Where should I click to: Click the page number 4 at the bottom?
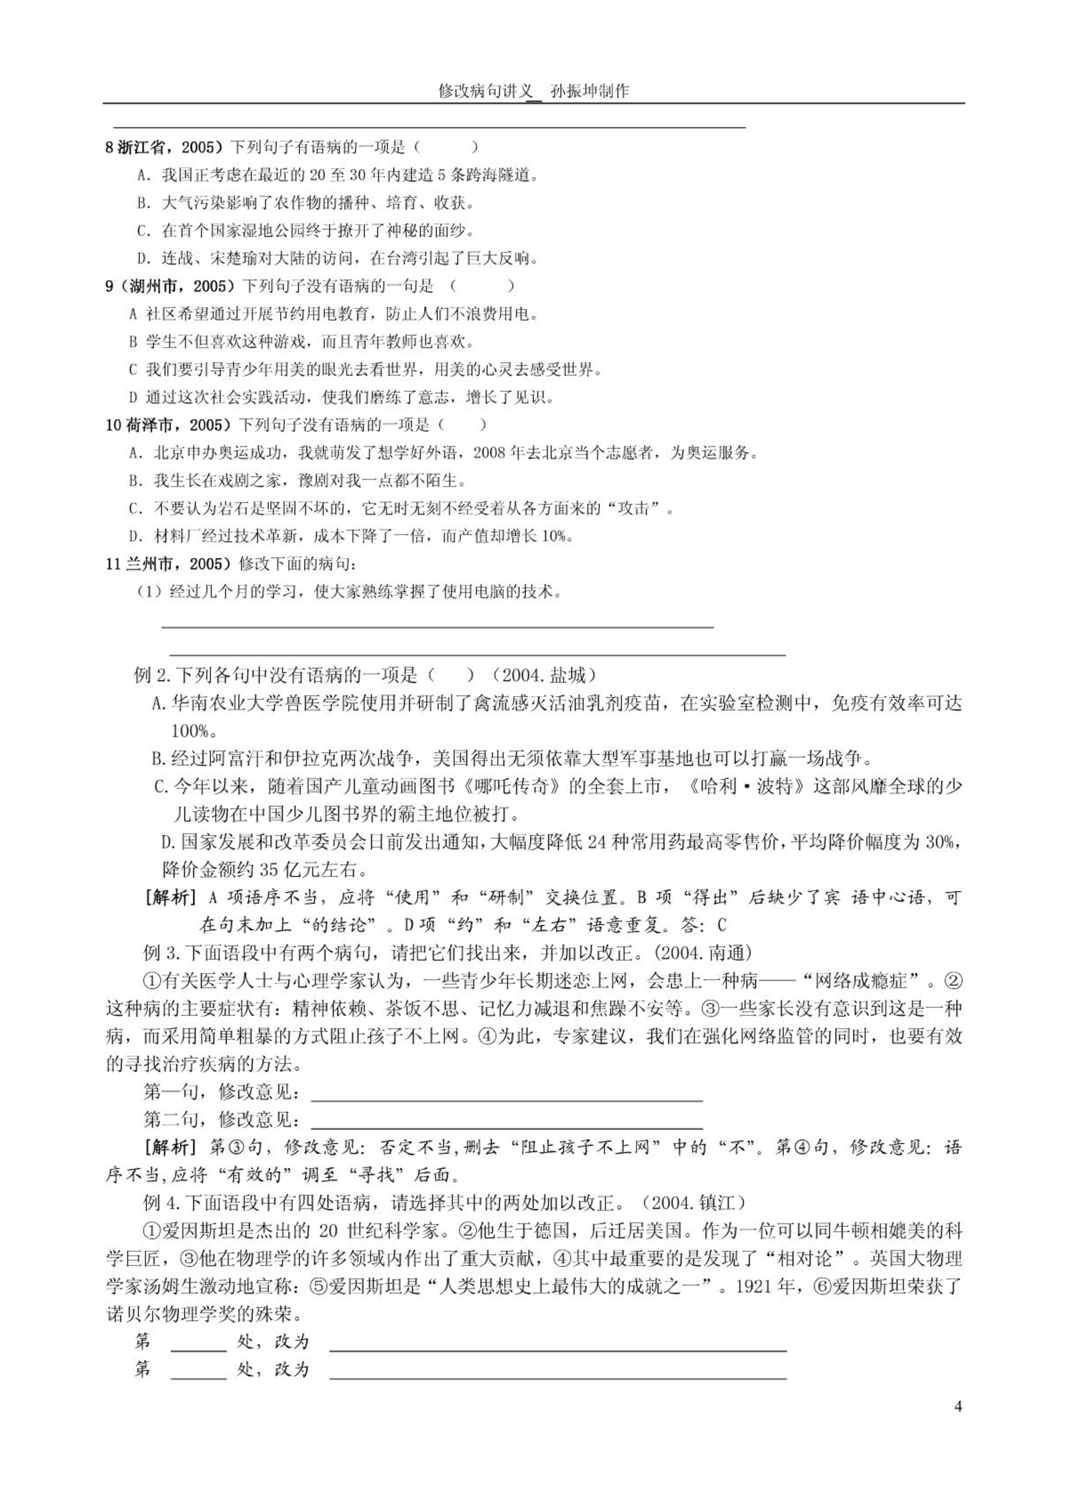coord(957,1406)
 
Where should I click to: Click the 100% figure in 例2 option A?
coord(190,731)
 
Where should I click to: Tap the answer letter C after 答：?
coord(721,925)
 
